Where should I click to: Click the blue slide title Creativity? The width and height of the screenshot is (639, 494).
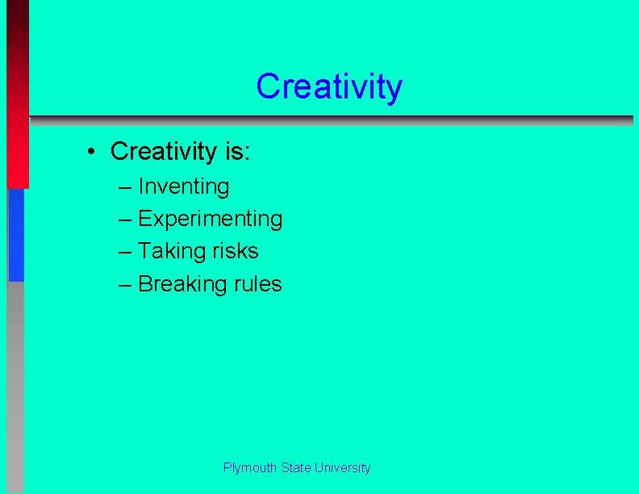coord(328,86)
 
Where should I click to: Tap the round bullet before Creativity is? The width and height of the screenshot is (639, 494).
coord(94,152)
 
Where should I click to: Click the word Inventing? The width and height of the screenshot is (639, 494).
coord(184,187)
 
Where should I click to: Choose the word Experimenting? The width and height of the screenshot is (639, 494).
coord(211,219)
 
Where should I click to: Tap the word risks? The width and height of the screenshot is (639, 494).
coord(236,251)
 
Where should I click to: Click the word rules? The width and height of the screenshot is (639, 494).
coord(255,284)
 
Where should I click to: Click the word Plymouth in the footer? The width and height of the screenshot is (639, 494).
coord(250,468)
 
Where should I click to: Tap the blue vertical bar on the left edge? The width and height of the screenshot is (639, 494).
coord(16,234)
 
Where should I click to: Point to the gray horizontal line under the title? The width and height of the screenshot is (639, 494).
coord(331,120)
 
